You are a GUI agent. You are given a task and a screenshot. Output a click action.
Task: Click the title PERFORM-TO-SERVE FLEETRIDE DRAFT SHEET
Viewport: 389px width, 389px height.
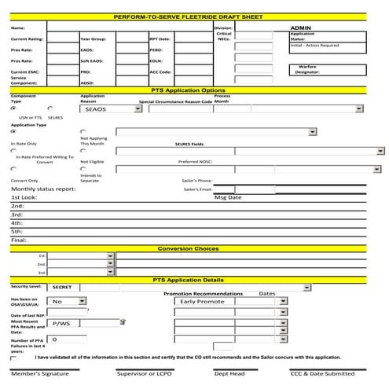(193, 16)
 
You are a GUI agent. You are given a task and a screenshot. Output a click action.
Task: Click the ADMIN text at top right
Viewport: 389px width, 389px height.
(301, 27)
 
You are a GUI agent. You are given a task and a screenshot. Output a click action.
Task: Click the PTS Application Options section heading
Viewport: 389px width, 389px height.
(193, 90)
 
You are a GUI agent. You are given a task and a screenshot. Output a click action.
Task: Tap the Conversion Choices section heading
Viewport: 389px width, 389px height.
(193, 248)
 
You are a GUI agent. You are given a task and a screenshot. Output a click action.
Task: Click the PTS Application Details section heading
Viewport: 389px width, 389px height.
(193, 280)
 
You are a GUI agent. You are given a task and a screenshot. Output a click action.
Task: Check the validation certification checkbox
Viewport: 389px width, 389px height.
(14, 358)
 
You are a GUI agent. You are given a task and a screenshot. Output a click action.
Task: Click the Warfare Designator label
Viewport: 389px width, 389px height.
(303, 70)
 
